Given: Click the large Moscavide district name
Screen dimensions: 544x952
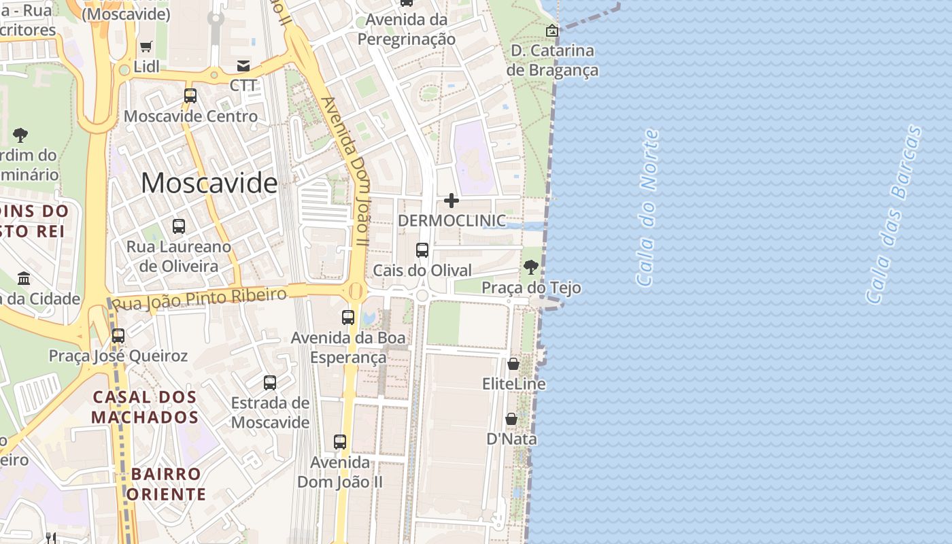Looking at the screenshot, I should (x=209, y=183).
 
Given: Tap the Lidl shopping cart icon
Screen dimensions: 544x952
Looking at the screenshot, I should (x=146, y=47).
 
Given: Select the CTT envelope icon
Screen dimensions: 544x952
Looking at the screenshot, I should (x=243, y=66).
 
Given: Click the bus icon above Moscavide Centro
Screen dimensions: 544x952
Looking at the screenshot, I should (x=190, y=96).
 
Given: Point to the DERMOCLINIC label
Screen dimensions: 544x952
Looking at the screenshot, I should (x=452, y=221).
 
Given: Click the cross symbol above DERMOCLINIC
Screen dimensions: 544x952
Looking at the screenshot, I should (x=451, y=201).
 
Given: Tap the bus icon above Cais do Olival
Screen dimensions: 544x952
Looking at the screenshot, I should (x=422, y=250).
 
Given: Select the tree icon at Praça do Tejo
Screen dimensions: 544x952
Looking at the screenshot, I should (x=531, y=267).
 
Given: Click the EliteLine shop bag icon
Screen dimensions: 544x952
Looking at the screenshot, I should (x=513, y=364).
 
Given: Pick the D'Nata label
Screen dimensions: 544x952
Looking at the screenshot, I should (x=511, y=439).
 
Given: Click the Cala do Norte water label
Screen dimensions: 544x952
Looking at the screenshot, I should (x=647, y=207).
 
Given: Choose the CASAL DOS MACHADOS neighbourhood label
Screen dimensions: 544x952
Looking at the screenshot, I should (x=145, y=407).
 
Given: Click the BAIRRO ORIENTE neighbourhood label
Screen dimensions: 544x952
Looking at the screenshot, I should (x=167, y=483).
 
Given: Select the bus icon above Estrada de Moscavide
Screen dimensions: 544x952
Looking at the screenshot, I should (x=270, y=383).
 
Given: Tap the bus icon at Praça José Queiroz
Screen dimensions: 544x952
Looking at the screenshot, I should (x=118, y=336).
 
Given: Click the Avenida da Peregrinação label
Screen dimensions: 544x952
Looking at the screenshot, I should (x=407, y=29).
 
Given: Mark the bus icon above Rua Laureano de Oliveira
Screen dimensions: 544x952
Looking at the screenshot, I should (x=179, y=226).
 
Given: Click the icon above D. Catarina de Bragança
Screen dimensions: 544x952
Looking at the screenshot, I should (x=552, y=31).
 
